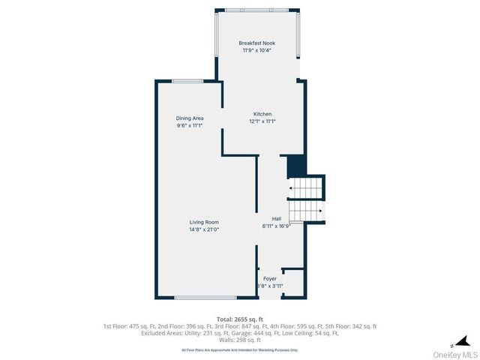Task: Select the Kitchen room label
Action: [262, 114]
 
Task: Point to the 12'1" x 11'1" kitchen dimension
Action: [262, 121]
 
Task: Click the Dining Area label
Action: [189, 118]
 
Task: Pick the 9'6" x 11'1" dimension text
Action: [189, 126]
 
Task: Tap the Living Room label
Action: [203, 222]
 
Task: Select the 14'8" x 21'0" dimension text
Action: [203, 229]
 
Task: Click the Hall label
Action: [276, 218]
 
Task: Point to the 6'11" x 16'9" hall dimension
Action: [276, 226]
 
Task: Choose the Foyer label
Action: [269, 278]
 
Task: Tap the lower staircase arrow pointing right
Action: [318, 211]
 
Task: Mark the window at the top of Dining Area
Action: [187, 81]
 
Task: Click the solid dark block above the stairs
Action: [296, 165]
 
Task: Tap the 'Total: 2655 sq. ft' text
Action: [239, 319]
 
